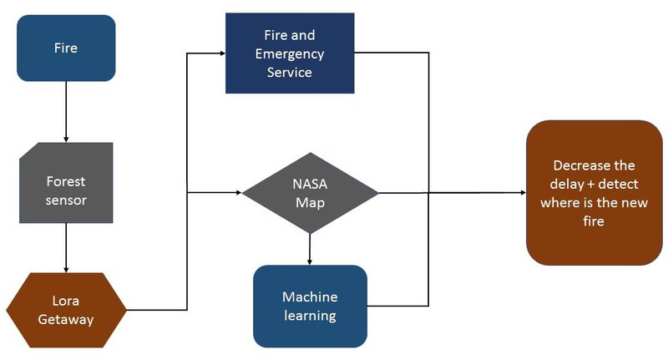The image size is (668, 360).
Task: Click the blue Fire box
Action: tap(65, 48)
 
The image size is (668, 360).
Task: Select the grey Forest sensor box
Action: tap(65, 183)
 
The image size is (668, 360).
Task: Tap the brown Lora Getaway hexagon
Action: tap(66, 310)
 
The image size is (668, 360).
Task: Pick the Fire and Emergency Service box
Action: tap(290, 53)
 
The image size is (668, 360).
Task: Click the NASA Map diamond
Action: tap(310, 193)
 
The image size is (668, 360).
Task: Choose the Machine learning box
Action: tap(310, 307)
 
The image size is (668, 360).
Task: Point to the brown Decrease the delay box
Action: tap(594, 193)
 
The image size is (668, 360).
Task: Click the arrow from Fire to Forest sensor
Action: tap(65, 111)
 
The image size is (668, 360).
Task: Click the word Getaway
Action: tap(66, 318)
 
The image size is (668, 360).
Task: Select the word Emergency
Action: tap(290, 54)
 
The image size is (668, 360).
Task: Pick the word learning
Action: tap(309, 316)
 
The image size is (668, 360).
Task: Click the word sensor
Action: tap(66, 200)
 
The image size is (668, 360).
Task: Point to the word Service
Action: tap(290, 73)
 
